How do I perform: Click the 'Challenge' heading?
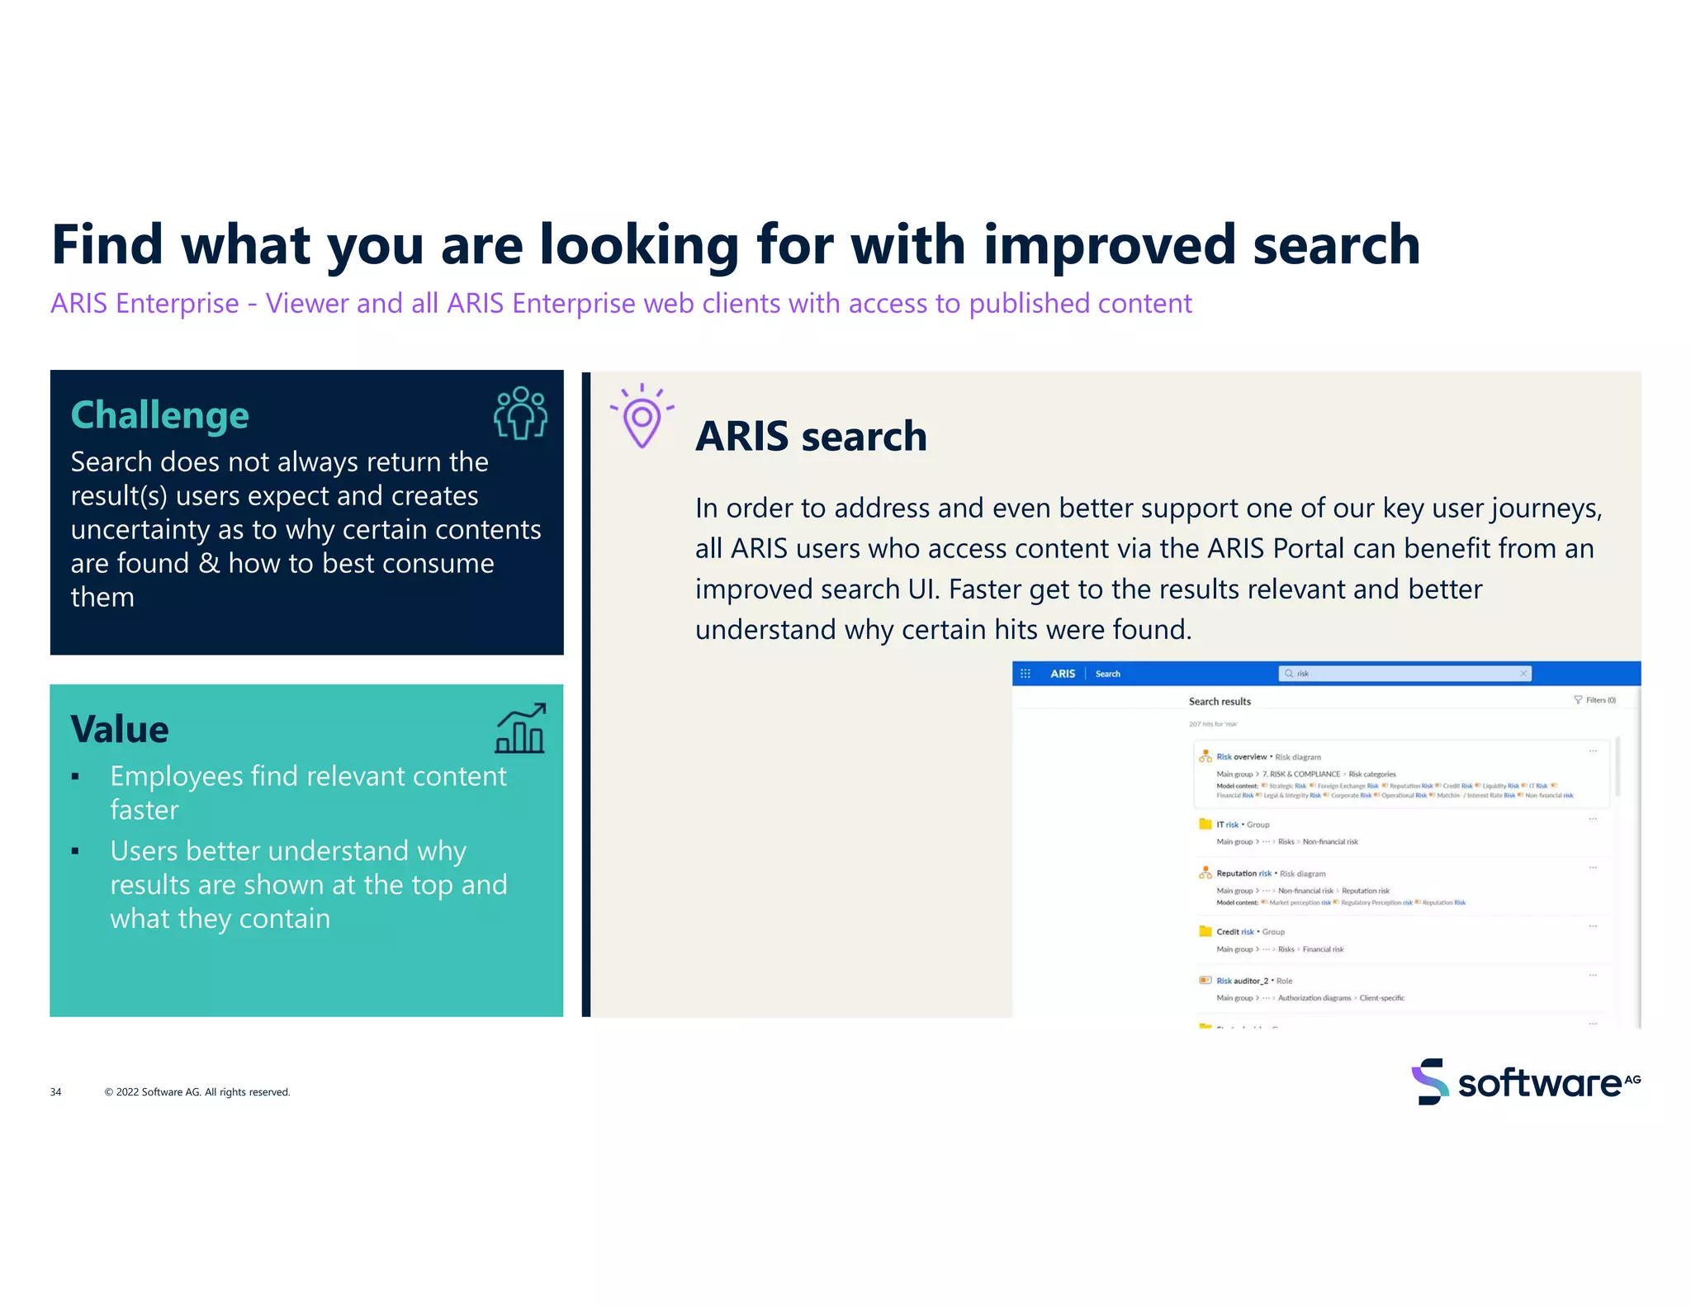[159, 415]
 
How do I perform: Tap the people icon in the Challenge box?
[520, 413]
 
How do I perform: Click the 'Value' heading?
[120, 729]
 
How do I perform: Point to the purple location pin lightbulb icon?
[642, 417]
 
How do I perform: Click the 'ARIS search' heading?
[811, 436]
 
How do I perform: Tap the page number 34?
[55, 1092]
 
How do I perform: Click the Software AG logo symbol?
[1429, 1081]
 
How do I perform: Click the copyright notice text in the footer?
[197, 1092]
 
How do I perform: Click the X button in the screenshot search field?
[1523, 674]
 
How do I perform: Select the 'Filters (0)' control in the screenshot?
[1595, 700]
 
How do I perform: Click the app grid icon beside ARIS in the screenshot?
[1025, 674]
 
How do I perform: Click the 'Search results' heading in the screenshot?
[1220, 702]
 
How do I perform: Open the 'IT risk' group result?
[1227, 825]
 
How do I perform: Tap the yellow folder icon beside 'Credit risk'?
[1205, 931]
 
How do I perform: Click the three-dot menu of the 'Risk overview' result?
[1593, 751]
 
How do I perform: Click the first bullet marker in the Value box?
[75, 777]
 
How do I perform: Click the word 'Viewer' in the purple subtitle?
[306, 304]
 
